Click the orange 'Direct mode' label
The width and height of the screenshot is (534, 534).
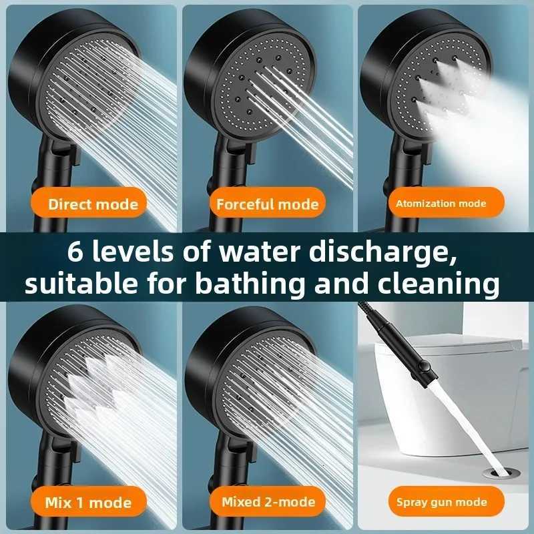pyautogui.click(x=93, y=204)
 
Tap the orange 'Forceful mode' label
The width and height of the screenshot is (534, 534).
pyautogui.click(x=267, y=204)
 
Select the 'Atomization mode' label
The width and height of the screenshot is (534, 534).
pyautogui.click(x=441, y=203)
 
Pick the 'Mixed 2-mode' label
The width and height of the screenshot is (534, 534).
pyautogui.click(x=268, y=502)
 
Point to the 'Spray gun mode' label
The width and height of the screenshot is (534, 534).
pyautogui.click(x=442, y=502)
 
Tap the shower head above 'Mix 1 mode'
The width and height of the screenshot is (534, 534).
pyautogui.click(x=73, y=387)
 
